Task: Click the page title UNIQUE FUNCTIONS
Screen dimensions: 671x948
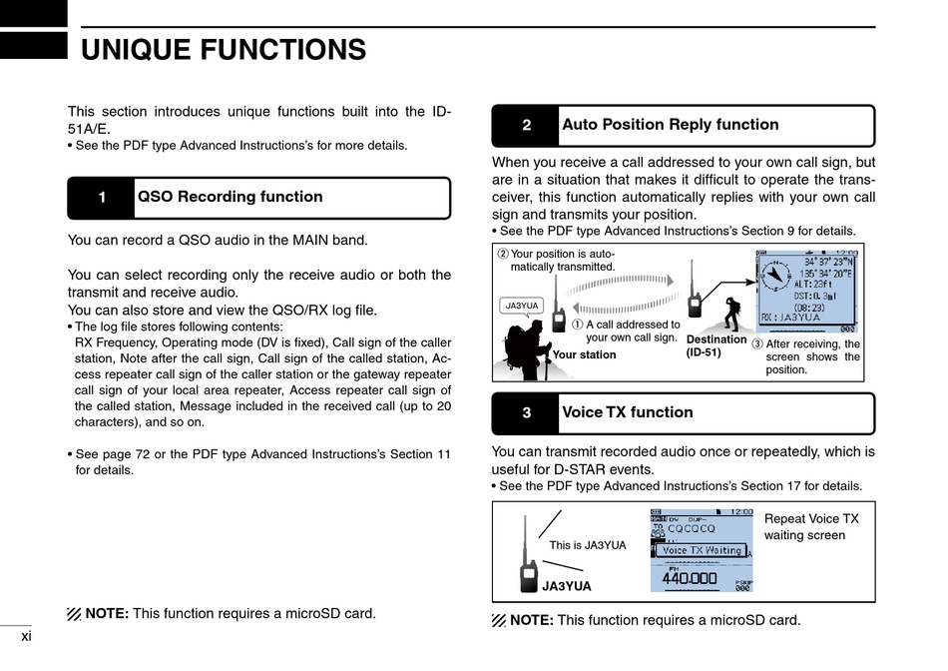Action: (223, 49)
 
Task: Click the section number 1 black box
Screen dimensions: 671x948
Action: (101, 198)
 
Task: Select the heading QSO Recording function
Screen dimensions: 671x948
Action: (230, 197)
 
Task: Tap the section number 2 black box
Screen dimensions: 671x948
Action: (526, 126)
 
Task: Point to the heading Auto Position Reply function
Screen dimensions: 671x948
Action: (670, 125)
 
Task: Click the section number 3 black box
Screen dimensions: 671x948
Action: (526, 413)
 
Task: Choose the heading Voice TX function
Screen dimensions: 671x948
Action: (627, 412)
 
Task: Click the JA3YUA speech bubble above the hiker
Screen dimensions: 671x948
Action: (522, 306)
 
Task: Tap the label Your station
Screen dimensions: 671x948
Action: (584, 354)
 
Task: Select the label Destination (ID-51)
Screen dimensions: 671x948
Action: (716, 345)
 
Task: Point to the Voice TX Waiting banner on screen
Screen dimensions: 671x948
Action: (702, 550)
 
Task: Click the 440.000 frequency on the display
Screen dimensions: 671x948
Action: (690, 578)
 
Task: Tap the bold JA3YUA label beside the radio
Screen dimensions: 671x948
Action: (566, 586)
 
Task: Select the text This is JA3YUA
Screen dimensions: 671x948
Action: (588, 545)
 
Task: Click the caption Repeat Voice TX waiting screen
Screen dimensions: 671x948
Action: (810, 527)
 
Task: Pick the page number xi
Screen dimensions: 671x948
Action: (26, 635)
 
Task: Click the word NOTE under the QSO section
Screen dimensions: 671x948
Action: (107, 613)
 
